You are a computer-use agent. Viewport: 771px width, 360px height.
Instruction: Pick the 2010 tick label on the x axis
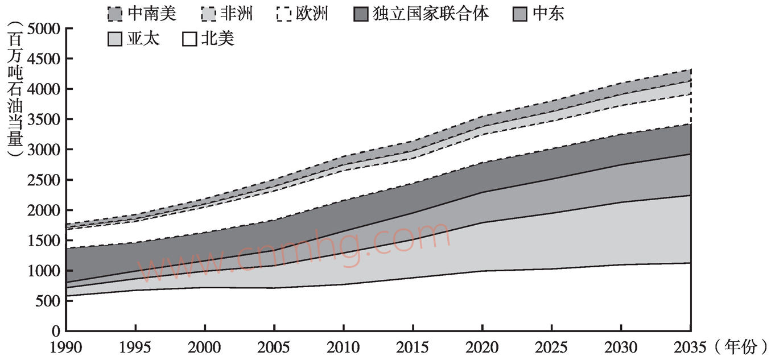click(343, 346)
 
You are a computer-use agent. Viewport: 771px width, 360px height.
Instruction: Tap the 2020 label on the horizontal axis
click(482, 346)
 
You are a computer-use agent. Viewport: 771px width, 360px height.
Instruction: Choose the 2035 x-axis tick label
click(690, 346)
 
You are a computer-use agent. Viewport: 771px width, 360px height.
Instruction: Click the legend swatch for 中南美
click(114, 14)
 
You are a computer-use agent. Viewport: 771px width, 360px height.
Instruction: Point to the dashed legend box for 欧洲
click(283, 14)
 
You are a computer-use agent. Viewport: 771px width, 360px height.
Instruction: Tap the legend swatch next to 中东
click(520, 14)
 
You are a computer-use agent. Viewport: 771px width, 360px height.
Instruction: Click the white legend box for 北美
click(189, 39)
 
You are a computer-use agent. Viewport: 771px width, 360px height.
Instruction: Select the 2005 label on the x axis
click(274, 346)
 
